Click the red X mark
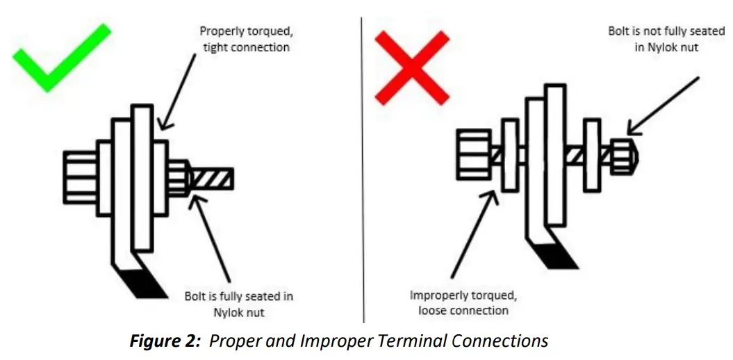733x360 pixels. [411, 68]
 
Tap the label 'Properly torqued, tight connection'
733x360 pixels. [244, 39]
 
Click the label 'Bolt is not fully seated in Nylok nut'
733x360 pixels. [666, 40]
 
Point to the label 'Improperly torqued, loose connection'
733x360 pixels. [463, 303]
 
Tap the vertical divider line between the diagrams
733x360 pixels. [363, 174]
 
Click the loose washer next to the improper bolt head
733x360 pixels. [510, 155]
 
